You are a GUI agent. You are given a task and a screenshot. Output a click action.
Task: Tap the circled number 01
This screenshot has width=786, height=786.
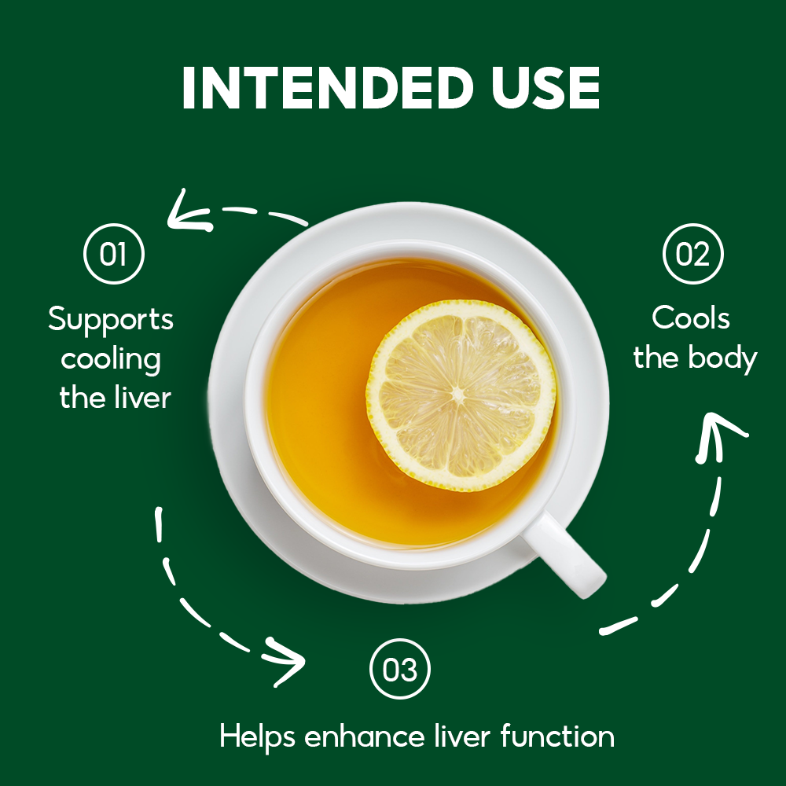(x=114, y=254)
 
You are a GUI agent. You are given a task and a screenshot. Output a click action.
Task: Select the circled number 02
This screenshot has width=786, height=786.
(x=692, y=254)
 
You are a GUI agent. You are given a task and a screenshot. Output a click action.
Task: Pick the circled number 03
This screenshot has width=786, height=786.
(x=399, y=669)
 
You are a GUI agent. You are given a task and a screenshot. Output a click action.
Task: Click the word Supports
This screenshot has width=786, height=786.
(x=111, y=319)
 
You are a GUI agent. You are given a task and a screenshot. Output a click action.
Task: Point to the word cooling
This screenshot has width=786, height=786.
(x=111, y=359)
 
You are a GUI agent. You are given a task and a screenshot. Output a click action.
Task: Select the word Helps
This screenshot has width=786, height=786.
(x=258, y=737)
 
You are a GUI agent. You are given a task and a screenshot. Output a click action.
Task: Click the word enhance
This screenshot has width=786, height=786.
(x=365, y=737)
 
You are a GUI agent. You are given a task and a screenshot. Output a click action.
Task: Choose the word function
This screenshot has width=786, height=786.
(x=557, y=736)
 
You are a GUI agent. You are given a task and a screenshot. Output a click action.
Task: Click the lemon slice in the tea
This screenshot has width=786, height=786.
(x=461, y=395)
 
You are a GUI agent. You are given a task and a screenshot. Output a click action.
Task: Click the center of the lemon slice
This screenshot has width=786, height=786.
(x=458, y=395)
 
